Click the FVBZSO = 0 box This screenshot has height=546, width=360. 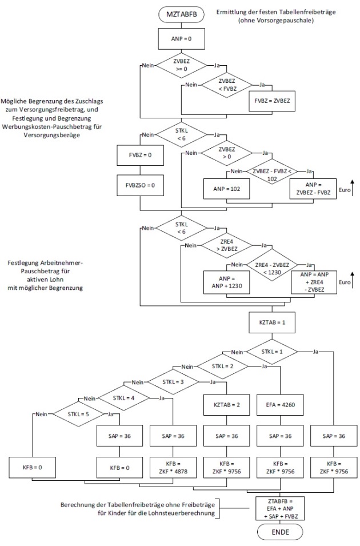[x=137, y=186]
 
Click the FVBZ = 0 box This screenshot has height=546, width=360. [x=137, y=155]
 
